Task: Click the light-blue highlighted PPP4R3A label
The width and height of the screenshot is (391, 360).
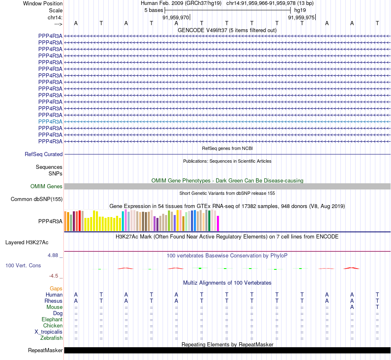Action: [x=50, y=122]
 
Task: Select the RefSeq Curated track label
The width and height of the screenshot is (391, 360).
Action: [x=44, y=154]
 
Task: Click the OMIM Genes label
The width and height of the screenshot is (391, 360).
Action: [x=47, y=187]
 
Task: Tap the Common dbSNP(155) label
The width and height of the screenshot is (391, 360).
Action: [x=37, y=199]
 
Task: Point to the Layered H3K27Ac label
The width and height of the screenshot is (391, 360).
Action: [x=27, y=242]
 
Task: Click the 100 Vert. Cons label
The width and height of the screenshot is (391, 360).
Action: [x=23, y=266]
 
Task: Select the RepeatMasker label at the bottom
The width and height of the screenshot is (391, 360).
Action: [x=45, y=351]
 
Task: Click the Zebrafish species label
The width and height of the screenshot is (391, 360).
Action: [x=51, y=338]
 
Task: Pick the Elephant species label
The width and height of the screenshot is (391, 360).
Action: [x=52, y=320]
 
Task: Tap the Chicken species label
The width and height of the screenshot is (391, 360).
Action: [x=53, y=326]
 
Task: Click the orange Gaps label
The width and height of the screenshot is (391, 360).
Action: [x=56, y=289]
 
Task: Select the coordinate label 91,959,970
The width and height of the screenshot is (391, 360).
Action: [x=176, y=18]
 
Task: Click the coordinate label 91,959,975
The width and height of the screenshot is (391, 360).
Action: [x=301, y=18]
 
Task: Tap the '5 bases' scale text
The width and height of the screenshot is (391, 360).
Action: [x=154, y=10]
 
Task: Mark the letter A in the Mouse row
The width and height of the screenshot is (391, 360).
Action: [x=352, y=307]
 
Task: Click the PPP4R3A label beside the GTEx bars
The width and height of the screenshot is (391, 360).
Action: [x=50, y=221]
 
